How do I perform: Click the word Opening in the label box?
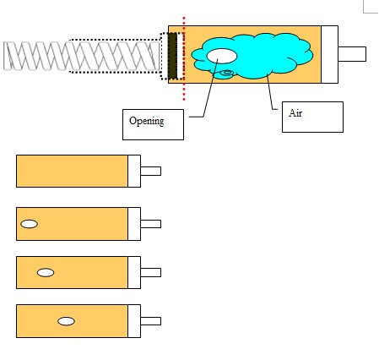(x=147, y=121)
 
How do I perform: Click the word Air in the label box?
(x=295, y=113)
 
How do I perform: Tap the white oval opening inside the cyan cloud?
(x=222, y=56)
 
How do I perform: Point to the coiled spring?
(x=82, y=56)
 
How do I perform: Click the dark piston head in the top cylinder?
(x=172, y=56)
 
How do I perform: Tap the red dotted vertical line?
(x=184, y=58)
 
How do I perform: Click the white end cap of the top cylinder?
(x=329, y=54)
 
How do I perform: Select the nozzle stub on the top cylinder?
(x=352, y=54)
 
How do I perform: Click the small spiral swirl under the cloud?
(x=227, y=74)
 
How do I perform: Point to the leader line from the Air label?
(x=270, y=91)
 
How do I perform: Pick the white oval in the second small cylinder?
(x=30, y=224)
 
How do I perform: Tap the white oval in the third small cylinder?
(x=46, y=273)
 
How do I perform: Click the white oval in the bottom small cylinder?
(x=66, y=321)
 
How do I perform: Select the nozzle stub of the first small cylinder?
(x=151, y=171)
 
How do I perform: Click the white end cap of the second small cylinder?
(x=134, y=224)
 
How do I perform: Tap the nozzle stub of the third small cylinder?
(x=151, y=273)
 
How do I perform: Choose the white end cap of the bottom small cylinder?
(x=134, y=321)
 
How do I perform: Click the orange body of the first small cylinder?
(x=72, y=171)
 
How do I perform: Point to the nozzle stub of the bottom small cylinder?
(x=151, y=321)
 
